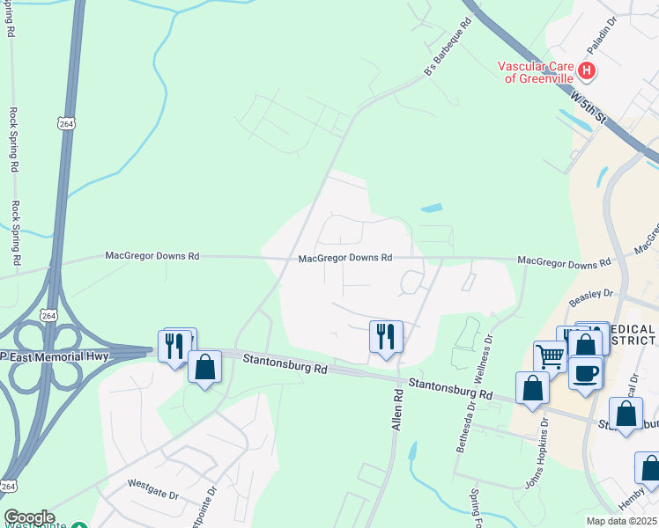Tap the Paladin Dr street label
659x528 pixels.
coord(603,36)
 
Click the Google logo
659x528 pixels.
coord(28,517)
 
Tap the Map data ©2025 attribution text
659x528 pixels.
coord(621,521)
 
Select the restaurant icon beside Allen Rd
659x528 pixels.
coord(386,336)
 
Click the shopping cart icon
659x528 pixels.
coord(550,357)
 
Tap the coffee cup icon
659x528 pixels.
coord(586,372)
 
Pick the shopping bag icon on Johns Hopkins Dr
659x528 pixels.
coord(532,388)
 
